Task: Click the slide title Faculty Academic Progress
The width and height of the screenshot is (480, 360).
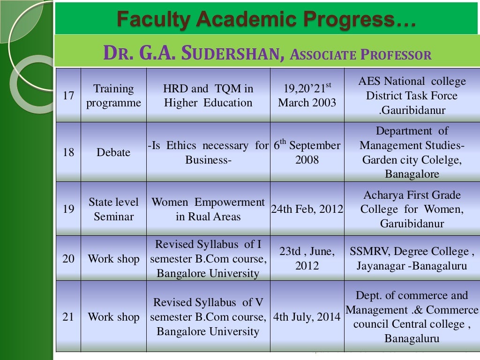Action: tap(266, 19)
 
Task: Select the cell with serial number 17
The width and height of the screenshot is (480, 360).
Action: tap(68, 96)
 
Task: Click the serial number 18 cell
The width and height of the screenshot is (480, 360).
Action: tap(68, 152)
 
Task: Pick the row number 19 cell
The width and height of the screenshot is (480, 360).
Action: tap(68, 209)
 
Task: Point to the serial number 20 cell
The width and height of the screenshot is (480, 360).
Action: tap(68, 259)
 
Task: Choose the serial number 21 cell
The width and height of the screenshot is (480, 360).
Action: tap(68, 317)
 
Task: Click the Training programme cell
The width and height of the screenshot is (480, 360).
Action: tap(113, 96)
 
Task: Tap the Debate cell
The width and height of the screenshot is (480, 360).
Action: tap(113, 152)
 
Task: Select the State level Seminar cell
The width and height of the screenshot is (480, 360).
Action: tap(113, 209)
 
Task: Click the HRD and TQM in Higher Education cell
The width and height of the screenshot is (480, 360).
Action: tap(208, 96)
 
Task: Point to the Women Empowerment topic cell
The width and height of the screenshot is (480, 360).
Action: tap(208, 209)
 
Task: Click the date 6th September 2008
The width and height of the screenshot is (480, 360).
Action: tap(307, 152)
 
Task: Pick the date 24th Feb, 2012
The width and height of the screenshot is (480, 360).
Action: tap(307, 209)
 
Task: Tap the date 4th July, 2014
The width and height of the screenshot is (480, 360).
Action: tap(307, 317)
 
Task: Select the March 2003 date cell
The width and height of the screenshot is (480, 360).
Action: tap(307, 96)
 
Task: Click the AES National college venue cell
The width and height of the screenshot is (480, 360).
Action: tap(412, 96)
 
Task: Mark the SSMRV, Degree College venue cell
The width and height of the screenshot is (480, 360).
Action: tap(412, 259)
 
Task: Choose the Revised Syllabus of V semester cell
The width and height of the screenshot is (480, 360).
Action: tap(208, 317)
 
